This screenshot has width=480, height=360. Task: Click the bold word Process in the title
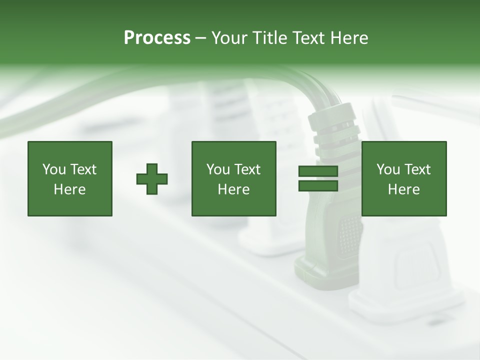[157, 38]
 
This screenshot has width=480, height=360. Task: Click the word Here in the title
[350, 38]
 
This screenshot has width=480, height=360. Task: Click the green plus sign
[152, 179]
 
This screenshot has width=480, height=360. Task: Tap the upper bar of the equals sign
[318, 171]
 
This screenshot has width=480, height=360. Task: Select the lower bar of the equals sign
[318, 186]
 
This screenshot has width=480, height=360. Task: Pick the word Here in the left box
[69, 189]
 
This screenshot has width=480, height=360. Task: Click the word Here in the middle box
[233, 189]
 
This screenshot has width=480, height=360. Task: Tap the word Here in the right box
[403, 189]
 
